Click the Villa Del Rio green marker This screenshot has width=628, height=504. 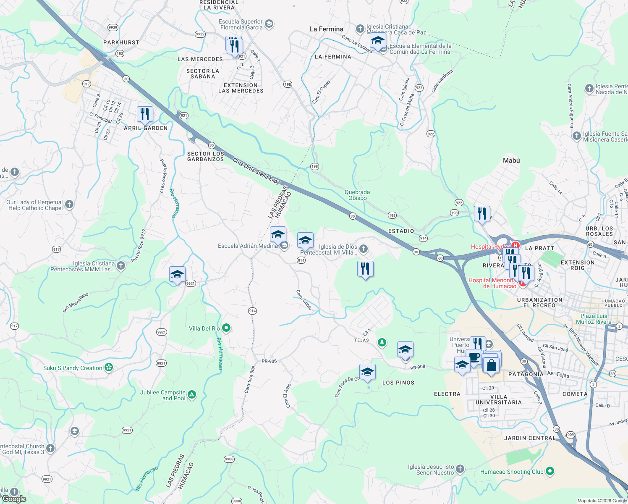226,328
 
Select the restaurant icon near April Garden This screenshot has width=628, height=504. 144,114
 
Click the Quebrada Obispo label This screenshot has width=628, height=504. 357,195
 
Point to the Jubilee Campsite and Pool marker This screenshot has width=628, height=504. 192,394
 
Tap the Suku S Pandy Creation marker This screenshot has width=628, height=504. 109,367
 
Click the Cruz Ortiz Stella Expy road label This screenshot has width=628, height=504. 256,171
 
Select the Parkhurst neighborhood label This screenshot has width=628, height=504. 121,42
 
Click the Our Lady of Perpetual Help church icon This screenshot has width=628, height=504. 69,205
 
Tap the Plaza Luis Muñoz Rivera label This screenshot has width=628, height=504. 594,319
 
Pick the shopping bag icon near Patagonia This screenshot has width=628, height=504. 491,365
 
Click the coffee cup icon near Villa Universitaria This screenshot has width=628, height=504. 474,358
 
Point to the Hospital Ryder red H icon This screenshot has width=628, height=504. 515,246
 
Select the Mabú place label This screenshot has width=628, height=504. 511,160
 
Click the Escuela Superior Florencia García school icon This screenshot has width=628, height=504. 269,24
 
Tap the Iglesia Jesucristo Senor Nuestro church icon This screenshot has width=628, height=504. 460,469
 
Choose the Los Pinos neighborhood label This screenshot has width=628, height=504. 398,383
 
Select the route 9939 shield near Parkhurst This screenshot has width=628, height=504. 113,27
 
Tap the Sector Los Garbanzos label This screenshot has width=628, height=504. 206,156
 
